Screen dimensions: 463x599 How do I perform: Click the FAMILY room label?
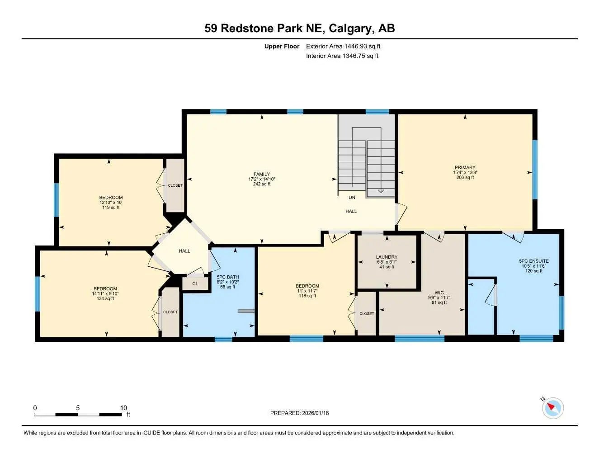pos(261,174)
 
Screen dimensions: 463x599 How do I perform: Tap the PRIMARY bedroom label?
pos(465,167)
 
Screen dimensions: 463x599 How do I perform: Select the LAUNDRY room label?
pos(387,257)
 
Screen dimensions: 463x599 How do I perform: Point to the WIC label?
pos(439,293)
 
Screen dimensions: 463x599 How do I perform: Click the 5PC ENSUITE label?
pos(533,261)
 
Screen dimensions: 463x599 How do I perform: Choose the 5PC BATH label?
pos(227,277)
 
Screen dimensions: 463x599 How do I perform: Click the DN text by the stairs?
pos(352,198)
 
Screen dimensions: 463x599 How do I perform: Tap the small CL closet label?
pos(195,284)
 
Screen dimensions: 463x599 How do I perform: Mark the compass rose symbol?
pos(552,408)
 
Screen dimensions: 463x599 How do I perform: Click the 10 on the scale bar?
pos(123,408)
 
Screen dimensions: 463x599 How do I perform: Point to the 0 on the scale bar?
pos(35,408)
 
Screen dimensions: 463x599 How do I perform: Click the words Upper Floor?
pos(282,46)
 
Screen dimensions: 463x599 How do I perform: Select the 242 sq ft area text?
pos(261,184)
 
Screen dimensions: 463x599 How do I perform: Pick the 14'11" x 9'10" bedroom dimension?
pos(105,293)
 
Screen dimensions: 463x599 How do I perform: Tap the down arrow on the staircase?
pos(381,190)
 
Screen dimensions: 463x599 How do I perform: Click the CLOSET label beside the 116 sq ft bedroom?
pos(367,313)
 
